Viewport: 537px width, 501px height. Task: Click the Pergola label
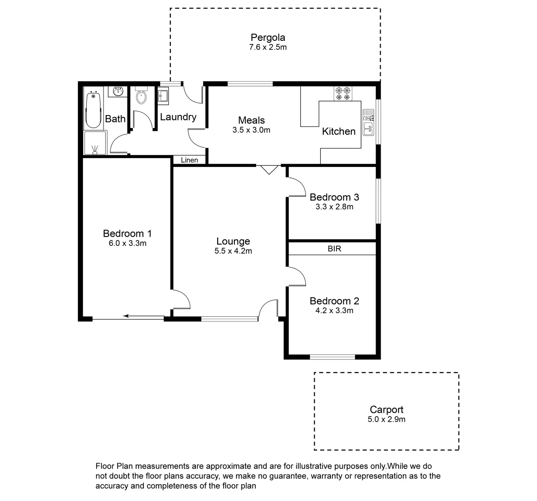tap(268, 37)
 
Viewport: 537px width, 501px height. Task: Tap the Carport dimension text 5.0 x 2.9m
tap(386, 419)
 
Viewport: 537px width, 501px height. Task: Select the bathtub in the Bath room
tap(93, 109)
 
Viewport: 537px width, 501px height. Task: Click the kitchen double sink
tap(368, 123)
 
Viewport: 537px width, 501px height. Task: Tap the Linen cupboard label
tap(189, 160)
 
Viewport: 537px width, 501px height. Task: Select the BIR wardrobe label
tap(334, 249)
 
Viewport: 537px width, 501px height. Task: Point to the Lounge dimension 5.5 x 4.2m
tap(233, 251)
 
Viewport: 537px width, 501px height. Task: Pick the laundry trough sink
tap(164, 95)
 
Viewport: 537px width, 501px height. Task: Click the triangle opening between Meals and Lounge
tap(268, 169)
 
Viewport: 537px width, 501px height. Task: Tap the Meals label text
tap(251, 120)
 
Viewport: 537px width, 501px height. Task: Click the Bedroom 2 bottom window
tap(332, 357)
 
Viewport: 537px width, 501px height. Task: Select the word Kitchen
tap(338, 131)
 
